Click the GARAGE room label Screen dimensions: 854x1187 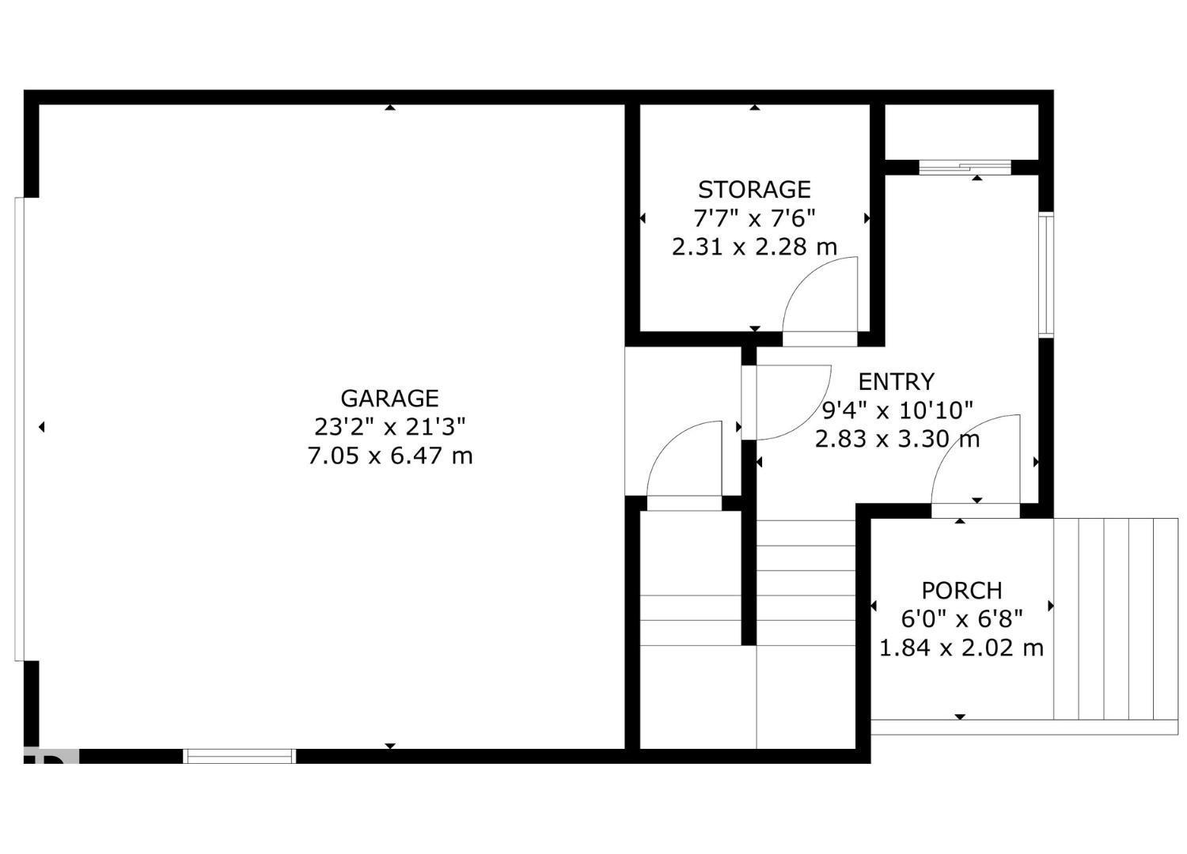tap(389, 398)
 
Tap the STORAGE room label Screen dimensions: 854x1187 tap(754, 190)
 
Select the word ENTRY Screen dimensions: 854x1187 tap(896, 382)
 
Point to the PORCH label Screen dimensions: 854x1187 tap(961, 591)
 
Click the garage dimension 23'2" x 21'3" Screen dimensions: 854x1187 tap(389, 427)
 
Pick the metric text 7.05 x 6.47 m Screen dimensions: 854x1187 tap(389, 456)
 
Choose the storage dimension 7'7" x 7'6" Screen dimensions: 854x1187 tap(754, 218)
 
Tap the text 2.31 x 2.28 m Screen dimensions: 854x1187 tap(754, 248)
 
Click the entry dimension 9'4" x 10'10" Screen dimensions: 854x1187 tap(897, 410)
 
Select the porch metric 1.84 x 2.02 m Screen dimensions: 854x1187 tap(961, 648)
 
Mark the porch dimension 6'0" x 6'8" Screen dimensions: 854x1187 tap(961, 619)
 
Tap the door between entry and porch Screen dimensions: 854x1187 tap(975, 509)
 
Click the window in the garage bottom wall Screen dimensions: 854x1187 tap(239, 756)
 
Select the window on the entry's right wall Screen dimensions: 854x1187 tap(1045, 274)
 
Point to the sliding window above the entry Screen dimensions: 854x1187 tap(965, 167)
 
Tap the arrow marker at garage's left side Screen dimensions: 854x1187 tap(41, 428)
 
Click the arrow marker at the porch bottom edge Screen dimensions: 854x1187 tap(960, 716)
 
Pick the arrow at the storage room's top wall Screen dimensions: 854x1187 tap(755, 108)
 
